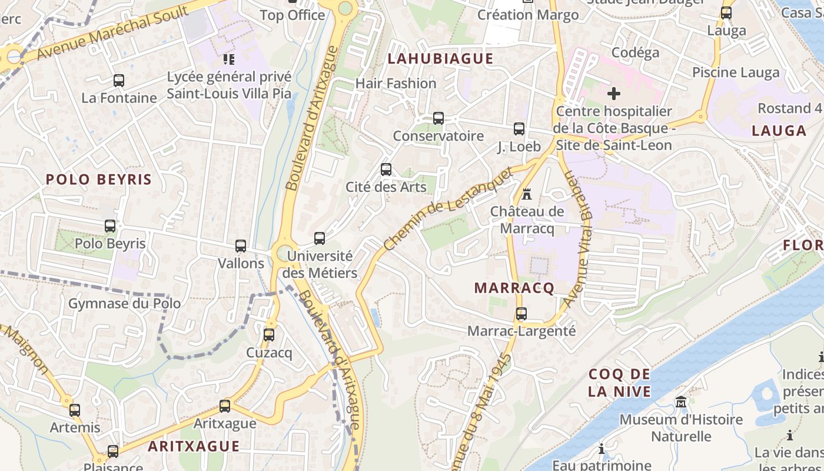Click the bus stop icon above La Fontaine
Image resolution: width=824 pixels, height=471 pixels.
(119, 81)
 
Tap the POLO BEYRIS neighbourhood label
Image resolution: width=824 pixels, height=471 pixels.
(99, 180)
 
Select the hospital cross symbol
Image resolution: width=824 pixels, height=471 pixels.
(614, 93)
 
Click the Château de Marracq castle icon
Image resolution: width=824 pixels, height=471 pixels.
(527, 194)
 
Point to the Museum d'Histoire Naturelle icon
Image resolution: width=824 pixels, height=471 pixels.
(681, 402)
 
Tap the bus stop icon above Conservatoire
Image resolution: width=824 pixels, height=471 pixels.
(438, 118)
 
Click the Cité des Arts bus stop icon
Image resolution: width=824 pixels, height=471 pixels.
(386, 170)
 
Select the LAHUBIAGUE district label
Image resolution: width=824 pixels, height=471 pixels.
(440, 58)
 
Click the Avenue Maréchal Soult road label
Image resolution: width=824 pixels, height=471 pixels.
(112, 34)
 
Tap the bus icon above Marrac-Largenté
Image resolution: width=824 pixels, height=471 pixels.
(521, 314)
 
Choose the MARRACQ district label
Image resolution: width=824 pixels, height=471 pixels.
(514, 288)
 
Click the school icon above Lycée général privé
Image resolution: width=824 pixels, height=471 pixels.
(229, 59)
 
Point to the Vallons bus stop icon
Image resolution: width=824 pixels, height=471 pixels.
(241, 246)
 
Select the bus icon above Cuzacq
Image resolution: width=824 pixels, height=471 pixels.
(269, 335)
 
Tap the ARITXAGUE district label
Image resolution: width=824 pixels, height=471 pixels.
(194, 446)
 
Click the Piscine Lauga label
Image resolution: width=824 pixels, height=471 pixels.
(736, 72)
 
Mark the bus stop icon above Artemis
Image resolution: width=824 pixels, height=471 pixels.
(75, 410)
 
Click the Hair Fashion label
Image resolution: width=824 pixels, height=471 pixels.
(396, 84)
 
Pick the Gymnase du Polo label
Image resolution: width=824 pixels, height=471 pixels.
(125, 304)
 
